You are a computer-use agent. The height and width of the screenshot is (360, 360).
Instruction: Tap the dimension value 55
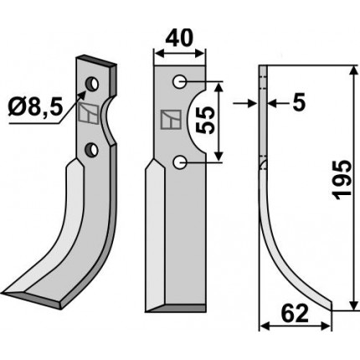pyautogui.click(x=205, y=121)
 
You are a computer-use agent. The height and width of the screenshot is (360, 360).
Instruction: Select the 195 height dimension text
pyautogui.click(x=342, y=180)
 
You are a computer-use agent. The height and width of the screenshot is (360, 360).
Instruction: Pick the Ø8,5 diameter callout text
pyautogui.click(x=35, y=107)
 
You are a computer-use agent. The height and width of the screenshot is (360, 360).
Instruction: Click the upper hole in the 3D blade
pyautogui.click(x=92, y=84)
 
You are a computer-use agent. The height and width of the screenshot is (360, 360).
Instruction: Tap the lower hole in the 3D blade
pyautogui.click(x=91, y=150)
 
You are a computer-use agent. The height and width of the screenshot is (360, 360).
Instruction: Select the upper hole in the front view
pyautogui.click(x=179, y=81)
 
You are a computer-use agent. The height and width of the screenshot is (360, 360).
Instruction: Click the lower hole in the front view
pyautogui.click(x=179, y=162)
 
